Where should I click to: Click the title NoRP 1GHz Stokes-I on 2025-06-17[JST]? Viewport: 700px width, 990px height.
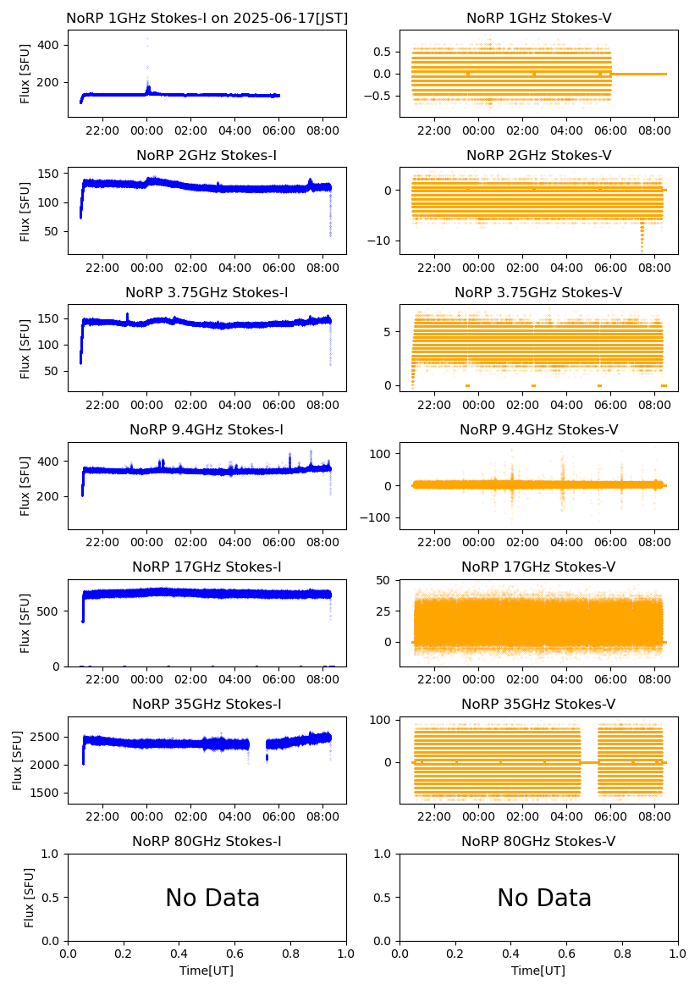[x=207, y=18]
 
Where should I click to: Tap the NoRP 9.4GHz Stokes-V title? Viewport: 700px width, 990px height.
[x=538, y=429]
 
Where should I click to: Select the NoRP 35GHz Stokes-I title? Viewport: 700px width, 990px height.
[x=207, y=704]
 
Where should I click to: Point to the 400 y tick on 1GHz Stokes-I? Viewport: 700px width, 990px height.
[x=52, y=44]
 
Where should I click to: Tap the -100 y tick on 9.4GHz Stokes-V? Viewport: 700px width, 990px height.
[x=379, y=517]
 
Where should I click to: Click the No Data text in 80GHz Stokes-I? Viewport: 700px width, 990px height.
[x=212, y=898]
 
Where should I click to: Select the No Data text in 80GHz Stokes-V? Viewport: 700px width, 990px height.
[x=544, y=898]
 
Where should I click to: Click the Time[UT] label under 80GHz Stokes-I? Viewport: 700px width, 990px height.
[x=207, y=971]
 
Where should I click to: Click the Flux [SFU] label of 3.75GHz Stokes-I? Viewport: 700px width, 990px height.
[x=25, y=348]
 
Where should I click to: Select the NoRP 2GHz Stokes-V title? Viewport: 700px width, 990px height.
[x=538, y=155]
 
